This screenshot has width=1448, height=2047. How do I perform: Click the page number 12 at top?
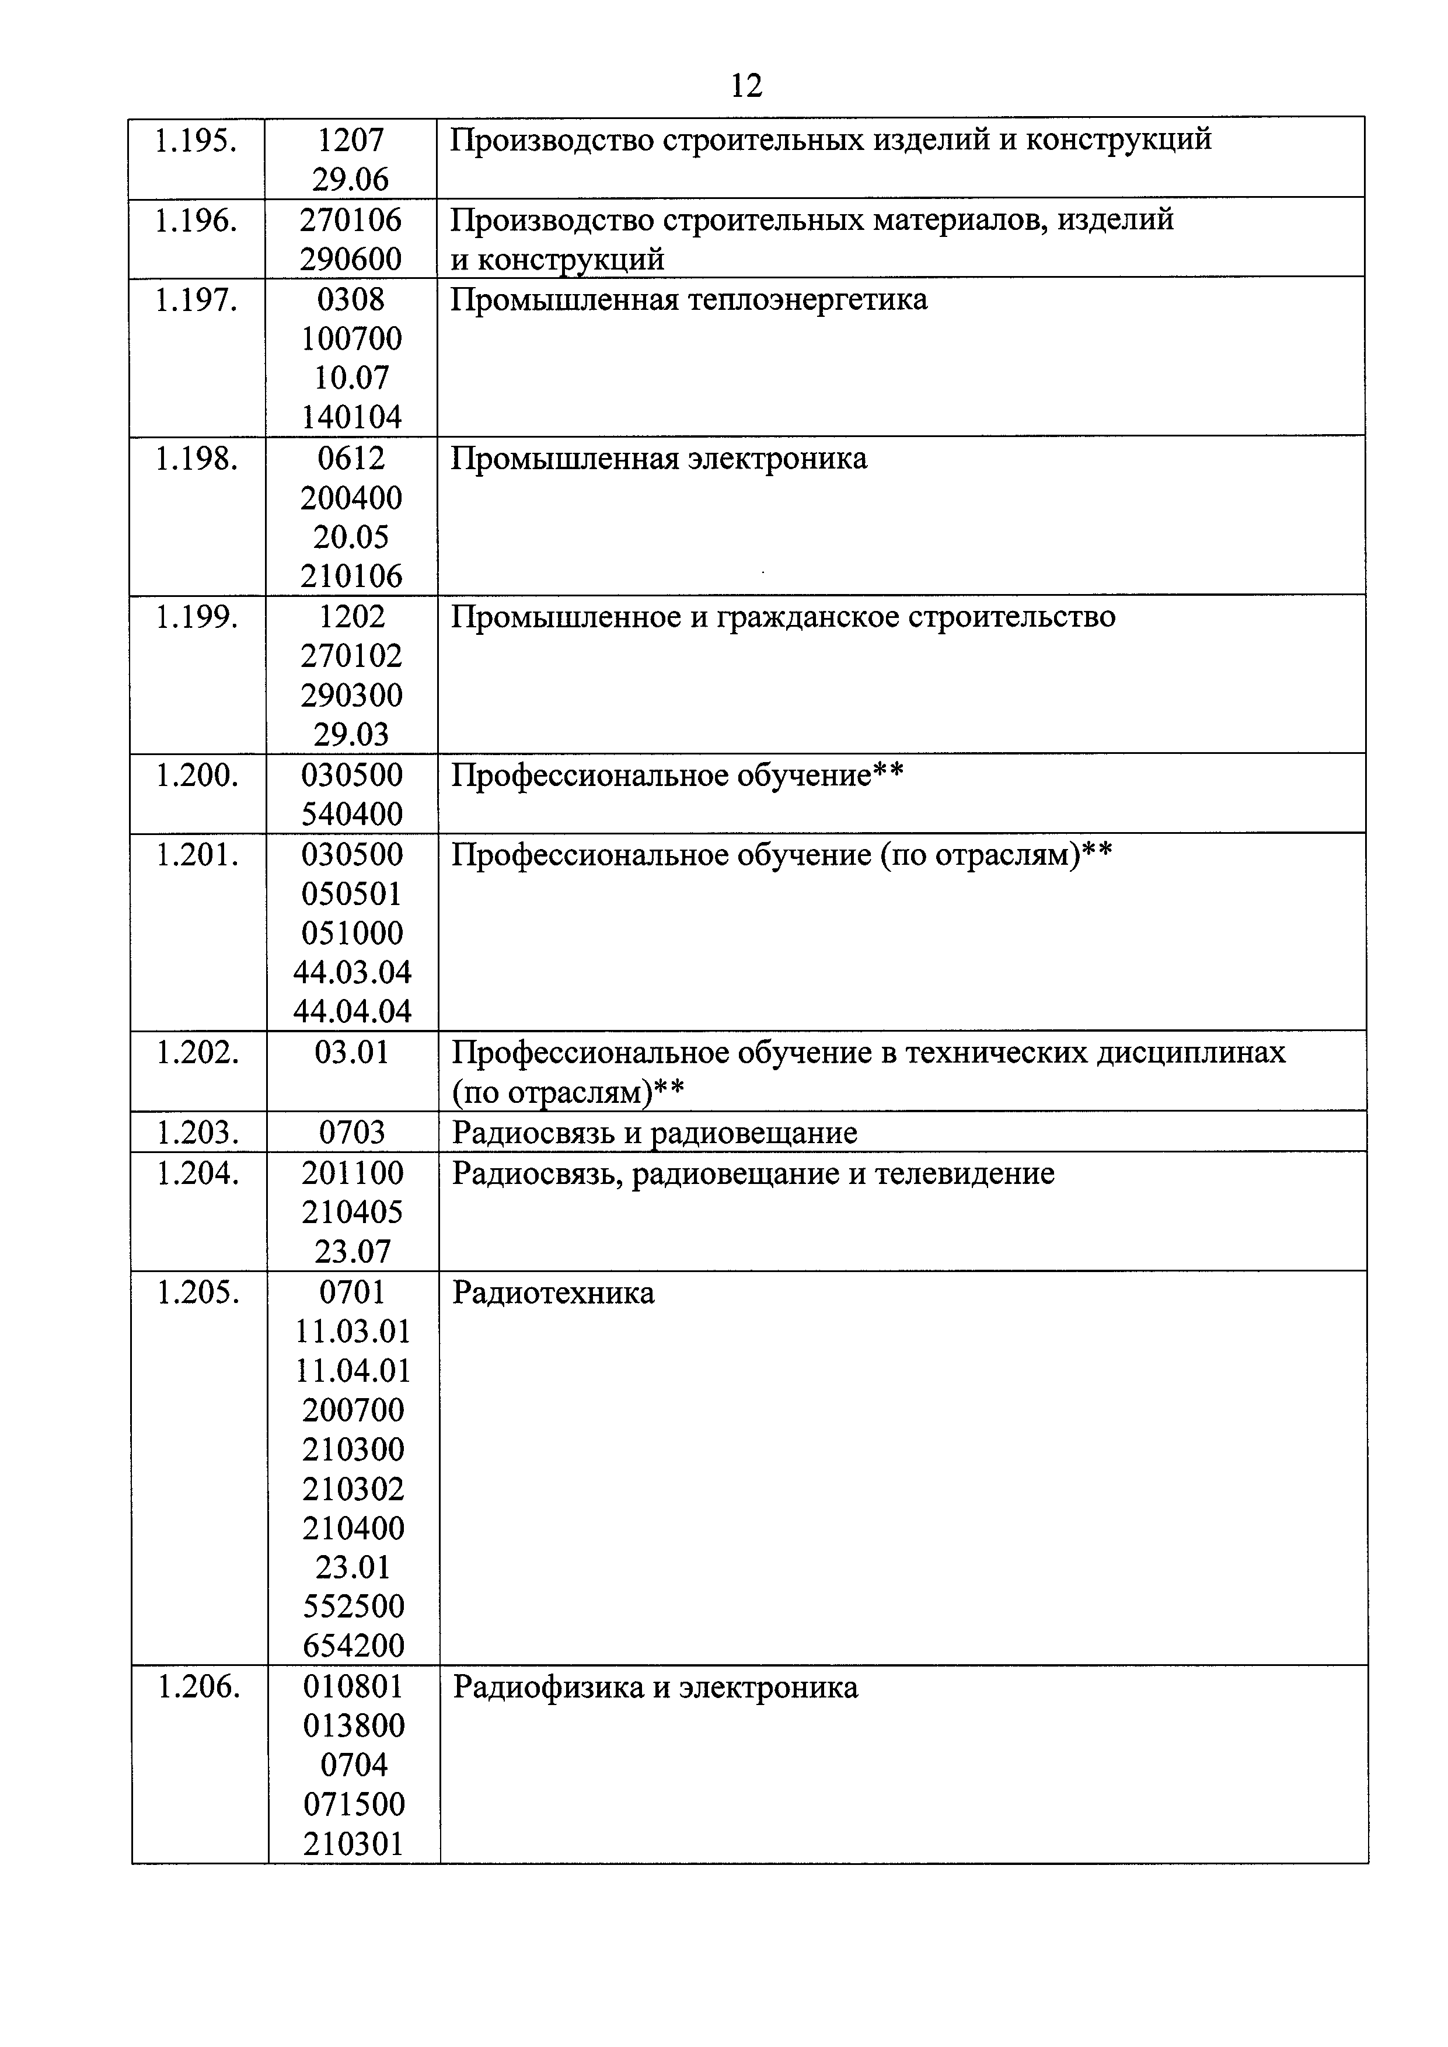pyautogui.click(x=746, y=86)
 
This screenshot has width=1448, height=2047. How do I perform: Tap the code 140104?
pyautogui.click(x=351, y=417)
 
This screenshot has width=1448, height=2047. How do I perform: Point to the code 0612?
pyautogui.click(x=351, y=458)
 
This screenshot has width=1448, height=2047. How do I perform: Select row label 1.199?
pyautogui.click(x=197, y=617)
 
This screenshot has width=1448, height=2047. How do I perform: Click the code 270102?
pyautogui.click(x=351, y=656)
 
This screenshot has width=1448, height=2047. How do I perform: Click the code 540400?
pyautogui.click(x=351, y=814)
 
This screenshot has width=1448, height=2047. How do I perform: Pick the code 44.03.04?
pyautogui.click(x=352, y=972)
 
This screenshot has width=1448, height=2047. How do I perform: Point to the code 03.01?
pyautogui.click(x=352, y=1053)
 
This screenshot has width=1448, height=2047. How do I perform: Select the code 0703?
pyautogui.click(x=352, y=1133)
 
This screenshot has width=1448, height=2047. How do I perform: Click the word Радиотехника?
pyautogui.click(x=553, y=1293)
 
